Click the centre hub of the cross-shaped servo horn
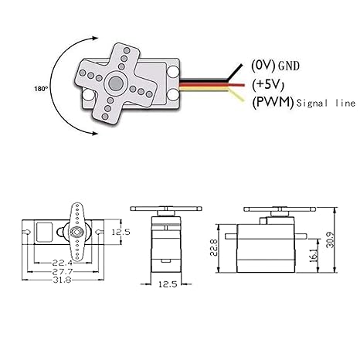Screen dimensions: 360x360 tap(117, 83)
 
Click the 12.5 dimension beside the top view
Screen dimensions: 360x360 tap(120, 232)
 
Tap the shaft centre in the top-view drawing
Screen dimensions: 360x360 tap(77, 232)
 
